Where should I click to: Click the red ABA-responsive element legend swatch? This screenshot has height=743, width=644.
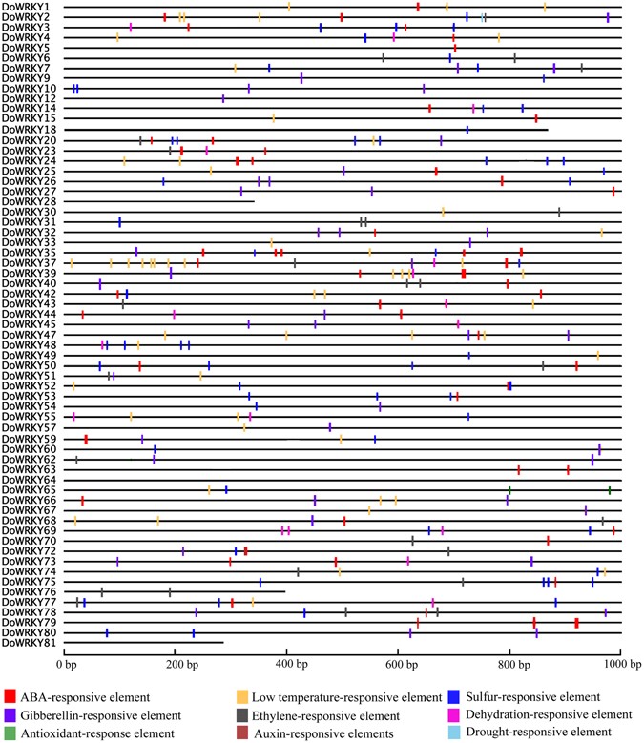point(10,697)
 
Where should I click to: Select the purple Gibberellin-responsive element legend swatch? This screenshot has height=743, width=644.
point(10,714)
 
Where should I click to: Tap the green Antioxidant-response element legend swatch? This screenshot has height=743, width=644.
point(10,733)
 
